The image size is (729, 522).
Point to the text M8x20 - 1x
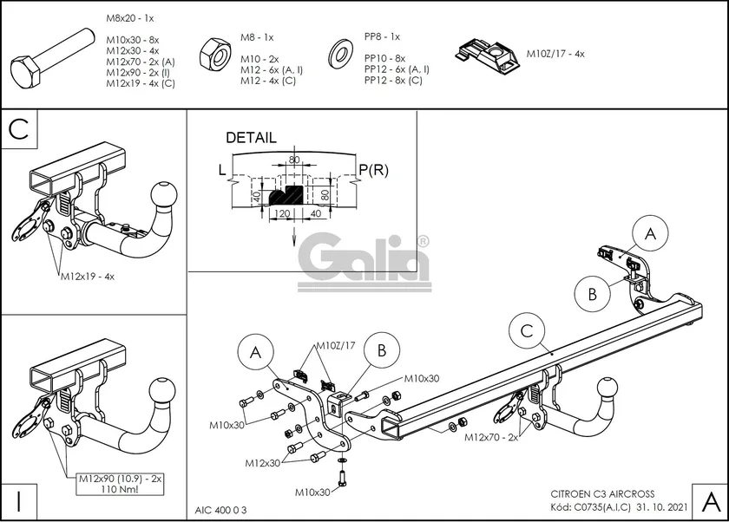pyautogui.click(x=130, y=17)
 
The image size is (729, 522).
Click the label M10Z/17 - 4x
pyautogui.click(x=555, y=53)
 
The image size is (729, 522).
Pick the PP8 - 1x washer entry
pyautogui.click(x=382, y=36)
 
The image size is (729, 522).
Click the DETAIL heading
pyautogui.click(x=251, y=137)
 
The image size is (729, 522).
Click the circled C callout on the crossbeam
pyautogui.click(x=528, y=330)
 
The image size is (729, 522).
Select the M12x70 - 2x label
pyautogui.click(x=491, y=437)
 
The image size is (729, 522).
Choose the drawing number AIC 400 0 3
pyautogui.click(x=222, y=508)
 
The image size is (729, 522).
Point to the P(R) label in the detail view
pyautogui.click(x=373, y=170)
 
